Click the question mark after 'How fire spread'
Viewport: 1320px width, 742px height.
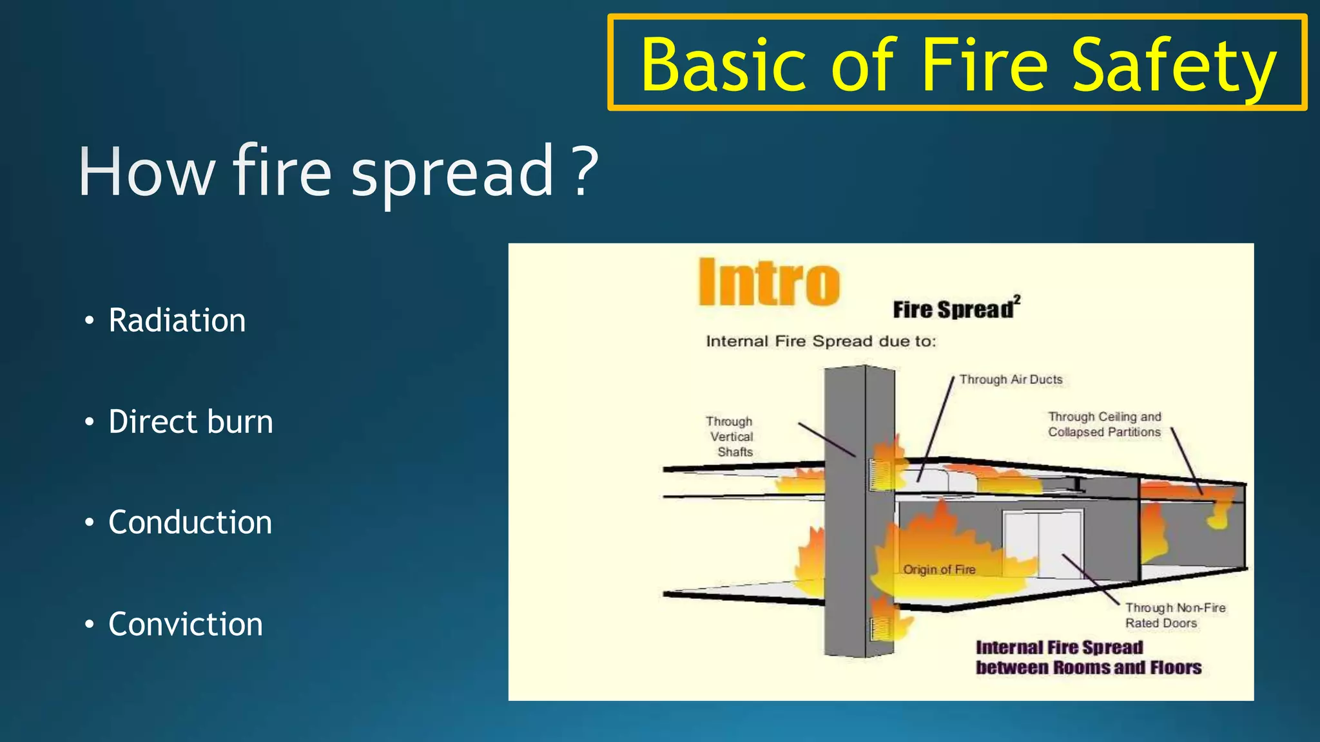coord(585,171)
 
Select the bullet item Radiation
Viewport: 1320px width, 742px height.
coord(177,320)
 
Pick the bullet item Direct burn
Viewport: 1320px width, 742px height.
coord(190,422)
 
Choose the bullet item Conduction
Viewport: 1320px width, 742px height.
coord(189,522)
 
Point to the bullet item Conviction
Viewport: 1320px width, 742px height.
coord(185,624)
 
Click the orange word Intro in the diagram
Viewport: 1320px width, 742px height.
coord(769,283)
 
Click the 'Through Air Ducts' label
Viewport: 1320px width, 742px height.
coord(1010,379)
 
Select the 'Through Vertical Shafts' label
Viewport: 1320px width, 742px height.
coord(730,437)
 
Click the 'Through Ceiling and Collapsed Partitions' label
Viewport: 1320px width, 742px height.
coord(1104,424)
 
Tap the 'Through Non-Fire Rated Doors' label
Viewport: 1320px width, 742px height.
coord(1174,615)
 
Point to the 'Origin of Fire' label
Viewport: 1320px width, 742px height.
coord(938,569)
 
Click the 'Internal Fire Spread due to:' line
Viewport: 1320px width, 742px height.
coord(820,341)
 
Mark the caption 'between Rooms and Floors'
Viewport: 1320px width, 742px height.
coord(1088,667)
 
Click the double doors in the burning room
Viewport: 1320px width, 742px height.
coord(1042,545)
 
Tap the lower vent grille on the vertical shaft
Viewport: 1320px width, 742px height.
coord(880,629)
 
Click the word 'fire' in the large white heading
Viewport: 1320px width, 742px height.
coord(282,171)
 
